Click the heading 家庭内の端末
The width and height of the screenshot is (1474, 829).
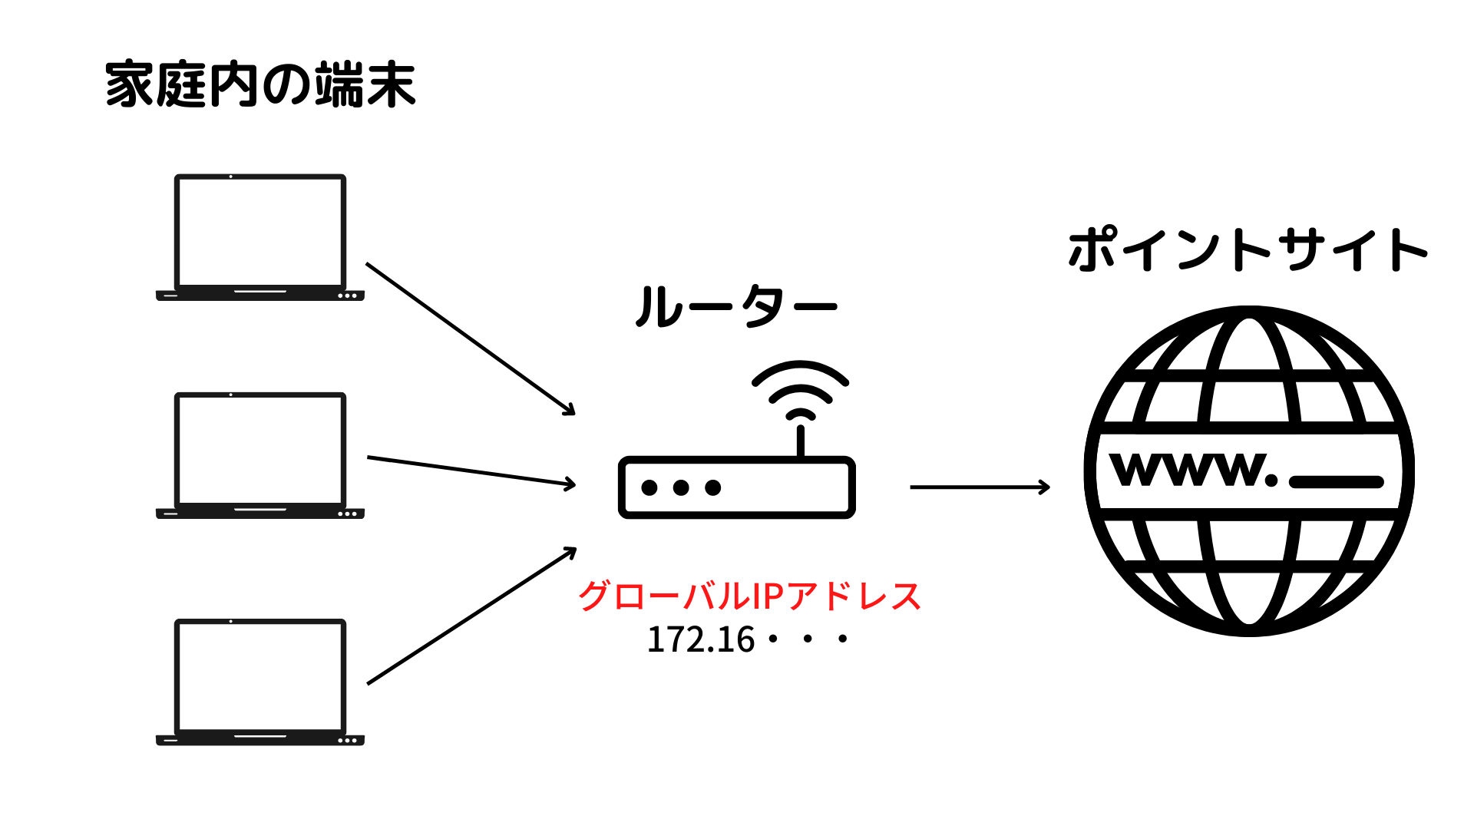(260, 84)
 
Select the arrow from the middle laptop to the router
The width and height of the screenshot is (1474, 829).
(471, 471)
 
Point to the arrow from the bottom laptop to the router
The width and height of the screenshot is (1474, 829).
(471, 616)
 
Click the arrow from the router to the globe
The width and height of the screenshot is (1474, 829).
(979, 487)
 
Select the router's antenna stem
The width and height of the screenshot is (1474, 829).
(800, 441)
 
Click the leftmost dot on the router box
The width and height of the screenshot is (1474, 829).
(649, 487)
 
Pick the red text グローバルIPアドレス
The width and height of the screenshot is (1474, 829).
(749, 596)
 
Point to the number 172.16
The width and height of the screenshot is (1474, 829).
(701, 639)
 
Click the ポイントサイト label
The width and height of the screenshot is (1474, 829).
(1248, 249)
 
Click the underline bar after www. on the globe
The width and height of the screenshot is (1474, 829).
(1336, 482)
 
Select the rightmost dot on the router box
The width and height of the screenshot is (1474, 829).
(713, 487)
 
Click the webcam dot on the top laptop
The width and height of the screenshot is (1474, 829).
(231, 177)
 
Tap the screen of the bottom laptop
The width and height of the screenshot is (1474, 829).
(260, 675)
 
